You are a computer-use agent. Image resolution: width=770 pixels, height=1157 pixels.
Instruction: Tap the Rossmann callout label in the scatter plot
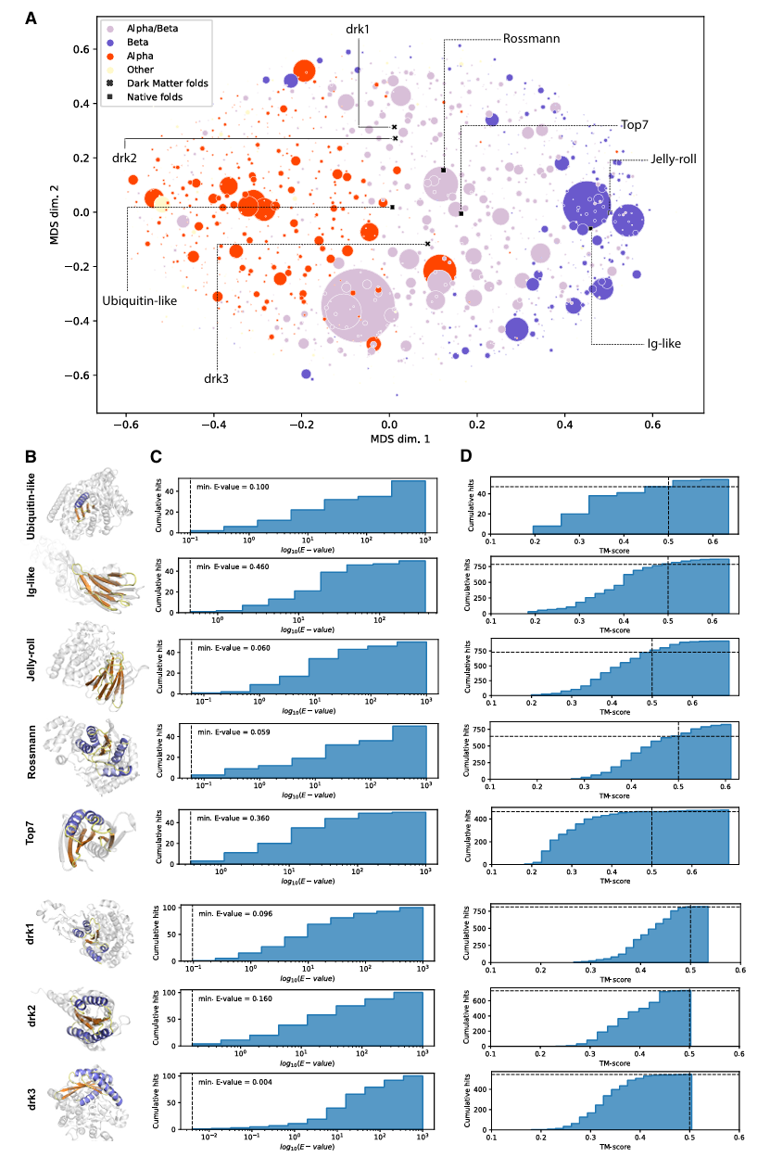pos(532,40)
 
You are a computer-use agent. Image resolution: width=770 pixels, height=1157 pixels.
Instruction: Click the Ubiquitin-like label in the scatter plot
pos(139,300)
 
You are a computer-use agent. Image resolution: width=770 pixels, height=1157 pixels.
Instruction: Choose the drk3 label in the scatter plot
pos(217,378)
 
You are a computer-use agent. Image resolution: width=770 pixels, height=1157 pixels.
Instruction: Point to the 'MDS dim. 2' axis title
pos(57,212)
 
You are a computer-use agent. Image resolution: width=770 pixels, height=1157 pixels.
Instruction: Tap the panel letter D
pos(467,457)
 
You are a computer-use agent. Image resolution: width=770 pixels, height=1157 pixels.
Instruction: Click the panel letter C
pos(157,457)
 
